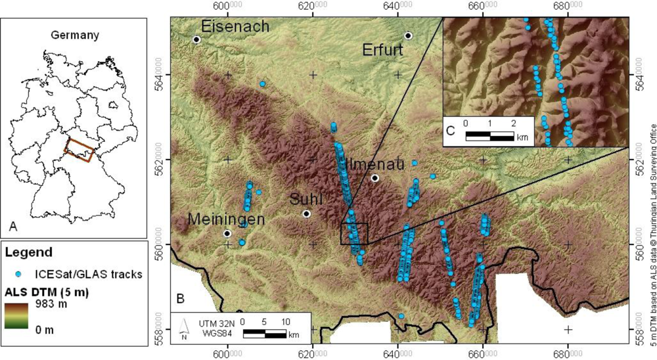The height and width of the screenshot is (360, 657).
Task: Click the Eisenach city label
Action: pos(235,27)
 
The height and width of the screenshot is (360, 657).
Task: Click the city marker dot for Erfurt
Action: pos(409,35)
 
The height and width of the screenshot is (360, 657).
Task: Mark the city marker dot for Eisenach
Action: pos(196,39)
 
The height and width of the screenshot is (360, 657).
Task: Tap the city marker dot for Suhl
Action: pos(306,214)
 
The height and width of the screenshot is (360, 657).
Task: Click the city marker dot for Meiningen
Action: pos(227,233)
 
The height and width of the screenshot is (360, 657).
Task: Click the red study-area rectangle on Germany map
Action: pos(79,149)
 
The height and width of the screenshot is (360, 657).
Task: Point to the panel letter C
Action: pos(451,129)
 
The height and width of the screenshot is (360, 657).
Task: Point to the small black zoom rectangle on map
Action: pos(354,233)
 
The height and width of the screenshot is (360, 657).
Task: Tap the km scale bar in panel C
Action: pos(489,136)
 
